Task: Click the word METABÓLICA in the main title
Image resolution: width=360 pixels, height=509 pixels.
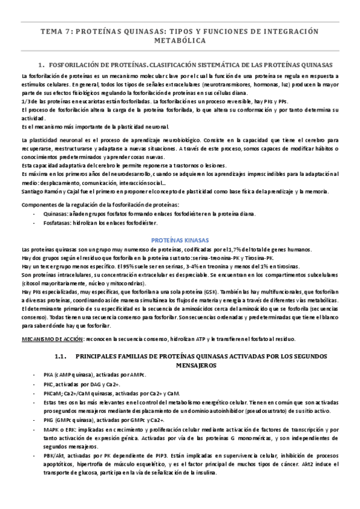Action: click(180, 41)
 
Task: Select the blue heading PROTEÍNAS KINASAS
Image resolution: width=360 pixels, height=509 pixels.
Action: click(180, 239)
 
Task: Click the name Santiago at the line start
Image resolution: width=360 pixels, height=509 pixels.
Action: click(33, 191)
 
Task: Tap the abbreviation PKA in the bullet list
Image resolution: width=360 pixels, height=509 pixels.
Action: click(49, 375)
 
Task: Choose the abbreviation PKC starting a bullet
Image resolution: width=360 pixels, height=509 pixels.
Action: click(49, 384)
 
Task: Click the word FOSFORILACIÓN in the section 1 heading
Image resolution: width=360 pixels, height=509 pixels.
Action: click(74, 64)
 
